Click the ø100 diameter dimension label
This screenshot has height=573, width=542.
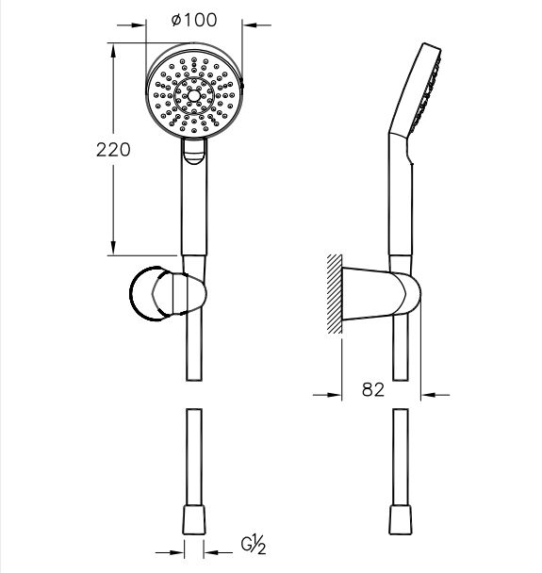(194, 20)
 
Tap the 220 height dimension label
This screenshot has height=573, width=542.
(113, 150)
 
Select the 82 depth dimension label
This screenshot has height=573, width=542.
(373, 390)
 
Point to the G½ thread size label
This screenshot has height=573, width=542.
(253, 545)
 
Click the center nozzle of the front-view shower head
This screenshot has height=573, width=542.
(194, 96)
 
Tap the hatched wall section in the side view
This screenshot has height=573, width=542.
(335, 294)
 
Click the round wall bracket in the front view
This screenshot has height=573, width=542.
(168, 294)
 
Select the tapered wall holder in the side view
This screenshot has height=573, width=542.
(381, 294)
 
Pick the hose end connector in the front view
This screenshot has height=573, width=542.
(194, 520)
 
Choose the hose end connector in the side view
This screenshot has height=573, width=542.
(401, 520)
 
